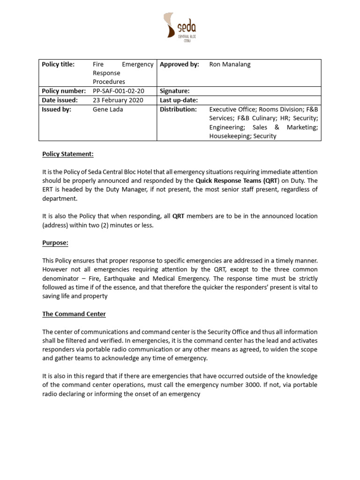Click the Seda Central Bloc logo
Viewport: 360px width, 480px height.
pos(180,27)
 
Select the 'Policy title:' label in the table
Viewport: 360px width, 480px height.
pos(58,65)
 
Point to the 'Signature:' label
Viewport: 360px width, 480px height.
pos(174,91)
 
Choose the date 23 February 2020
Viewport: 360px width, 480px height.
pos(118,100)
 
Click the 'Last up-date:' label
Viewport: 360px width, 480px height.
pos(179,100)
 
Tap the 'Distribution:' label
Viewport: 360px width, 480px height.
pos(178,109)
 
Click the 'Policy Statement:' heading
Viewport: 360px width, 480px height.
pos(68,154)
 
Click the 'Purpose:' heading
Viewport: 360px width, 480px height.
pos(55,243)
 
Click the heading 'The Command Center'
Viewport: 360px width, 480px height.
pos(73,314)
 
